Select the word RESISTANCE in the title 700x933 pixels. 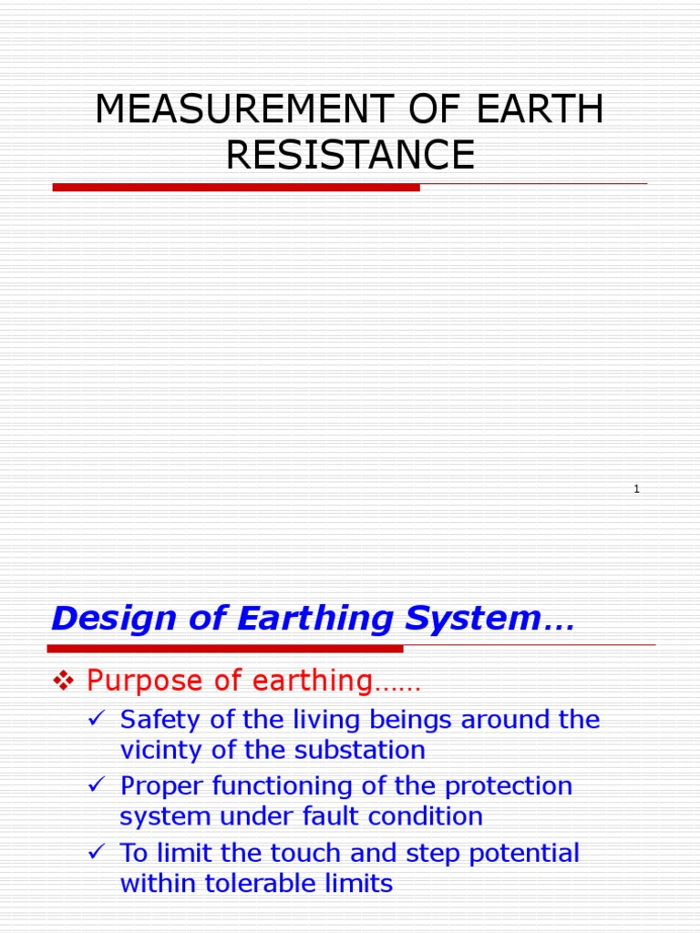350,155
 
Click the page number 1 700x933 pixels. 637,489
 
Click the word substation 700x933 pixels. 365,751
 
